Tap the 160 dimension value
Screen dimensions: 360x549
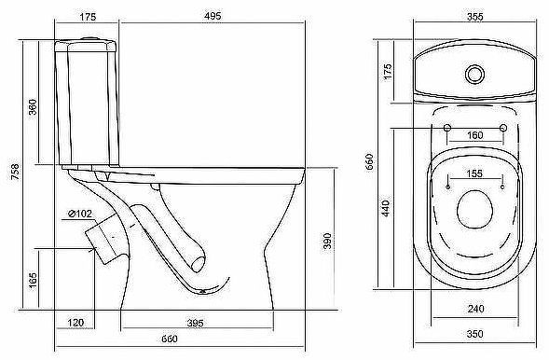click(x=475, y=136)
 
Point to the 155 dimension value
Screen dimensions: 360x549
click(x=475, y=174)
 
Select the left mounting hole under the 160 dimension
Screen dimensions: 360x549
click(x=447, y=127)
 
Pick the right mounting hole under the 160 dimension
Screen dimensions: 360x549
click(x=503, y=127)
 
